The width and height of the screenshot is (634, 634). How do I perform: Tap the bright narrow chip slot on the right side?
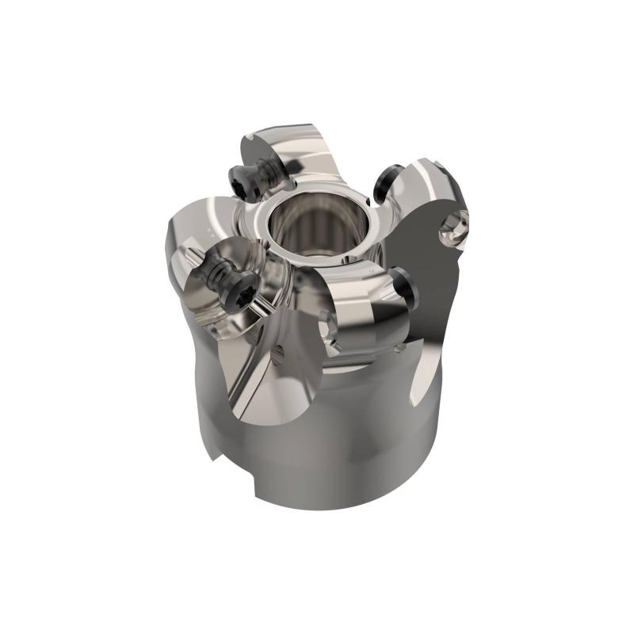point(426,372)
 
